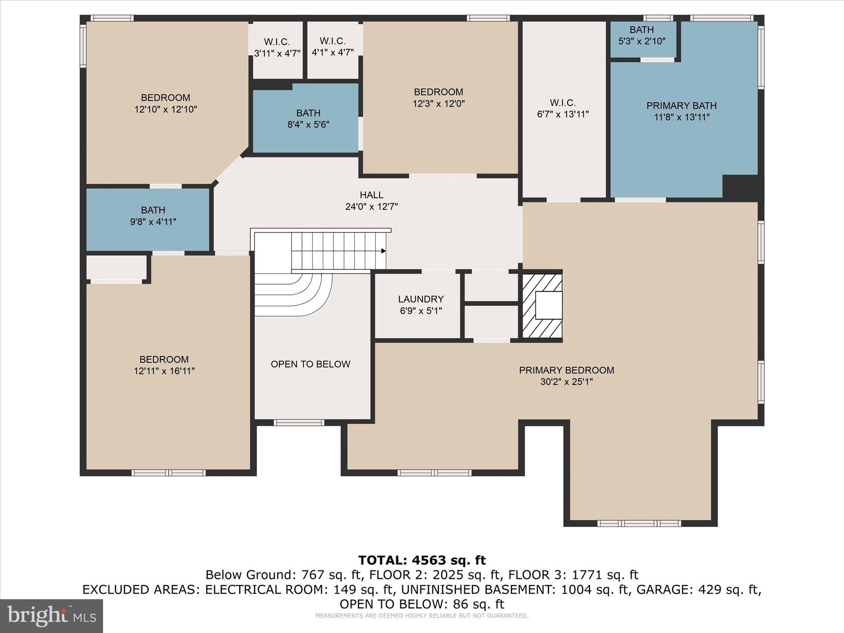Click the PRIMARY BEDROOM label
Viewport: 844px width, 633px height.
pos(566,370)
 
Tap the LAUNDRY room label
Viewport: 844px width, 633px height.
pos(421,299)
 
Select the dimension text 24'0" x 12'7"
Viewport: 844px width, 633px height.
pos(371,206)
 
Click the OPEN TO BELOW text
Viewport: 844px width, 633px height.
pos(310,364)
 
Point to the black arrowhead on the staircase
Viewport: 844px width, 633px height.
pos(383,251)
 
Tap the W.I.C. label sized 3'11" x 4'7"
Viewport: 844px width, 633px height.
pos(277,42)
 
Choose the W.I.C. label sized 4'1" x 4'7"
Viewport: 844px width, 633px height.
pos(332,41)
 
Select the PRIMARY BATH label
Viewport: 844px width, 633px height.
pos(681,105)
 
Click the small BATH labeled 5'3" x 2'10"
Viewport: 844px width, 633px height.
pos(641,30)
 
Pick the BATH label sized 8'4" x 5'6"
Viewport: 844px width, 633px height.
pos(308,113)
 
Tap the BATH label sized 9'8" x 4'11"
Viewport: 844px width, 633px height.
pos(153,210)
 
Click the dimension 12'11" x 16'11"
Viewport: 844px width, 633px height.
pos(164,371)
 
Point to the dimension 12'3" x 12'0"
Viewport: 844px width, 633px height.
pos(438,103)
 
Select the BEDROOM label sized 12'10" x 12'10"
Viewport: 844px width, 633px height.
pos(165,98)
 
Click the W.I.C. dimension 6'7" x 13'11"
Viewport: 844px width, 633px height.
pos(563,114)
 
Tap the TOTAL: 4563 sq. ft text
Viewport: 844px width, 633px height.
pos(422,560)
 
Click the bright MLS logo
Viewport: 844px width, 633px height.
pos(51,616)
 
